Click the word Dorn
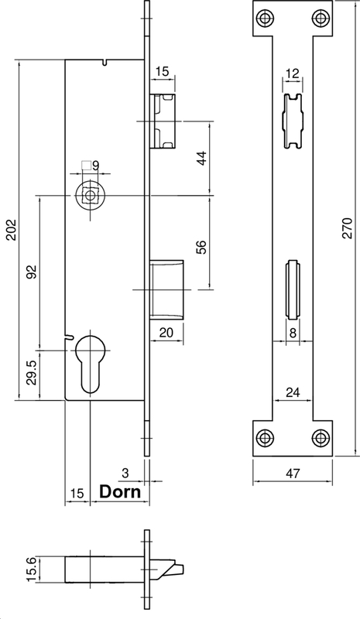point(120,492)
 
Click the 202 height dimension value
point(11,230)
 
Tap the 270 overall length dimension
point(348,227)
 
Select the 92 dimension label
point(32,272)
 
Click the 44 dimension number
point(201,158)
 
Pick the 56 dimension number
point(201,247)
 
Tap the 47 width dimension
point(293,473)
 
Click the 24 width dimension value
point(293,392)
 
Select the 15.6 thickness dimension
point(32,569)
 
